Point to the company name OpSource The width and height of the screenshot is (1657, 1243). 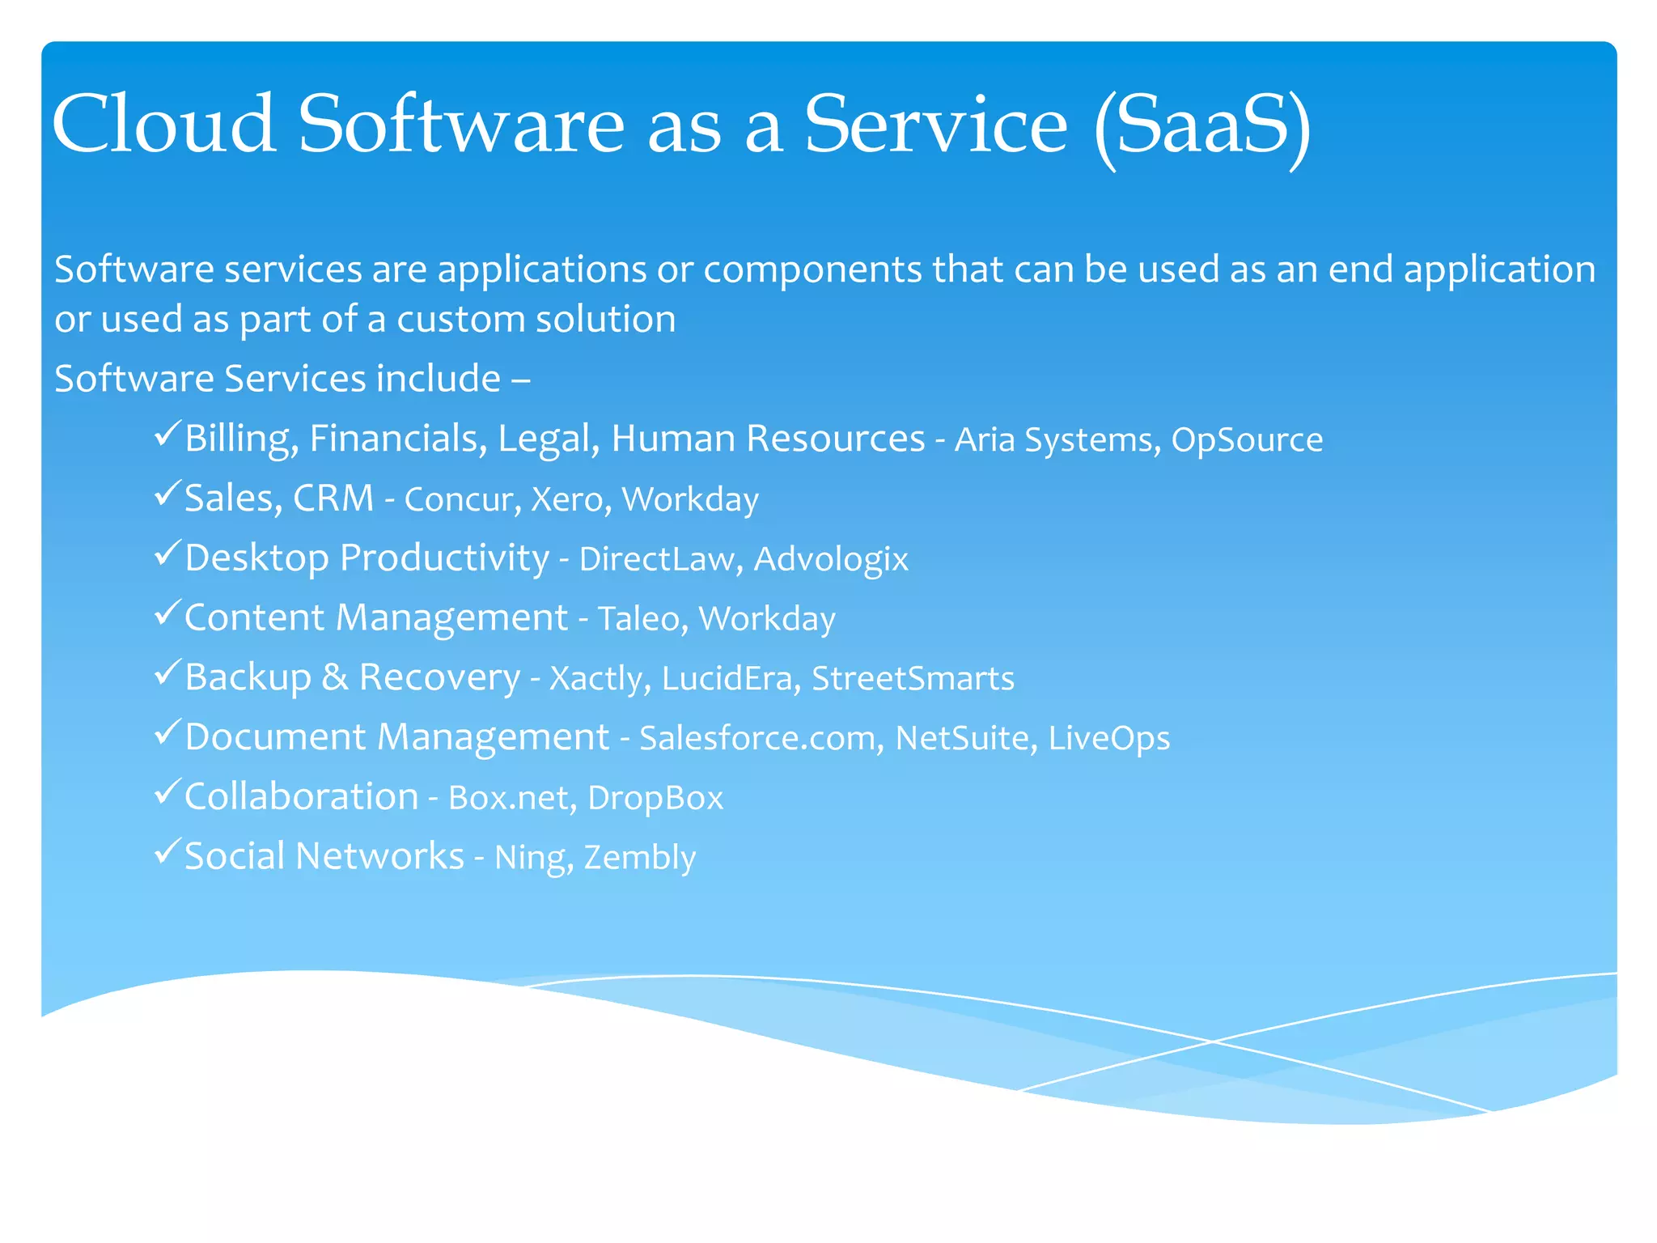[1247, 440]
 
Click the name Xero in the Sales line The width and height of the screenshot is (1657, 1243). [566, 499]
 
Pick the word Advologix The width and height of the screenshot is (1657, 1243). [831, 559]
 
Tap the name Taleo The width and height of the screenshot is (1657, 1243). [642, 619]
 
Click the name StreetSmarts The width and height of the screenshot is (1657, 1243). [913, 678]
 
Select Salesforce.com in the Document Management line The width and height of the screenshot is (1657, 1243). [761, 738]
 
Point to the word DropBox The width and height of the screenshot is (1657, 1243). [655, 798]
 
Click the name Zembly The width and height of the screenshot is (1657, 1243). [639, 858]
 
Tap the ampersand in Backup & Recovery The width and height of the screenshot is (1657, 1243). [335, 677]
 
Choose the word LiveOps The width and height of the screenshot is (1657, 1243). [1108, 738]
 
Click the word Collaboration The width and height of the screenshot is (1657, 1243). [301, 796]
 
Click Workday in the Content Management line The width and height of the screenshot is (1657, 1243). [766, 619]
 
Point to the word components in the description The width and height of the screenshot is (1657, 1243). [812, 269]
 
